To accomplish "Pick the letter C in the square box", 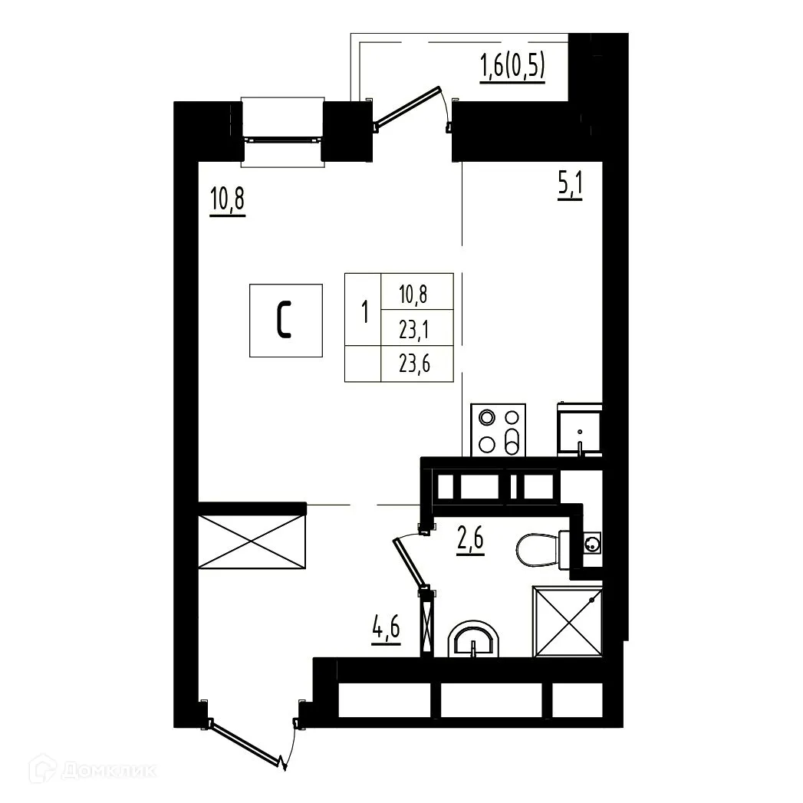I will click(284, 321).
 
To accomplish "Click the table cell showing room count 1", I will click(364, 312).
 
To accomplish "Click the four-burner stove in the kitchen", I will click(499, 430).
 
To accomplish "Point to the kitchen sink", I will click(581, 433).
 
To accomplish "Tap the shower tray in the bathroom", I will click(568, 620).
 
